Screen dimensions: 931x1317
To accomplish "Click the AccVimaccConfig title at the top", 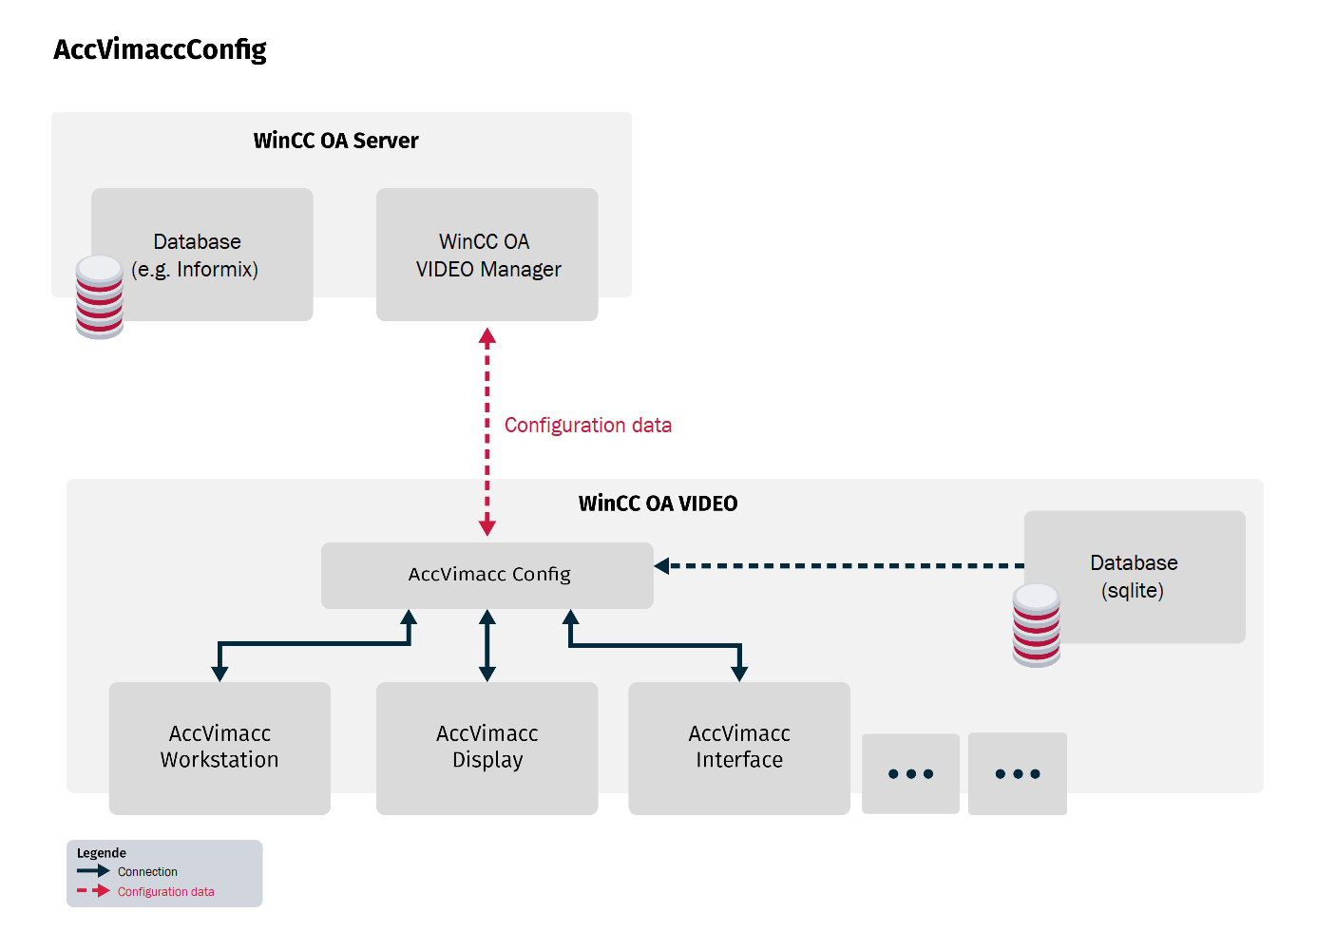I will [x=160, y=49].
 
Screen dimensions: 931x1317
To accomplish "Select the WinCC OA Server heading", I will [x=335, y=141].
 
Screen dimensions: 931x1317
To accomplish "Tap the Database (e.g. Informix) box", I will [x=201, y=255].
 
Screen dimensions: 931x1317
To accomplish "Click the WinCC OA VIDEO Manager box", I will [x=487, y=255].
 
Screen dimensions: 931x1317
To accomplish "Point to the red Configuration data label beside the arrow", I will [x=587, y=426].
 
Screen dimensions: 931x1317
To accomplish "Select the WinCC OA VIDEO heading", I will [x=658, y=503].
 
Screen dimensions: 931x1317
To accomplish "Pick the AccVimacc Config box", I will [x=487, y=575].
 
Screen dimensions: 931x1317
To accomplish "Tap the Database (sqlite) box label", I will [x=1134, y=577].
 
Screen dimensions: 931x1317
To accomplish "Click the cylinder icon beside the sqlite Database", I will [x=1036, y=625].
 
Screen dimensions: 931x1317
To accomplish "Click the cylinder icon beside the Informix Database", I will [x=100, y=296].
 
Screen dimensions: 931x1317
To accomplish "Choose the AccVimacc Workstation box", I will [x=219, y=748].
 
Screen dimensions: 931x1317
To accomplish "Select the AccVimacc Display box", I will [x=487, y=748].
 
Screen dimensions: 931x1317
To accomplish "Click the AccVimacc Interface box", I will [x=739, y=748].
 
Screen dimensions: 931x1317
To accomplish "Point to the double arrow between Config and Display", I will [x=487, y=646].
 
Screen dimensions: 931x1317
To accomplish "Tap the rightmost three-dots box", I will [x=1018, y=773].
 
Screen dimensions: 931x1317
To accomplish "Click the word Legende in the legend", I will [x=102, y=853].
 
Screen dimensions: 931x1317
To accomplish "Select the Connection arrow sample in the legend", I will [x=93, y=871].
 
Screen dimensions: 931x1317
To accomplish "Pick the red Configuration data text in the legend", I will [x=166, y=892].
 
